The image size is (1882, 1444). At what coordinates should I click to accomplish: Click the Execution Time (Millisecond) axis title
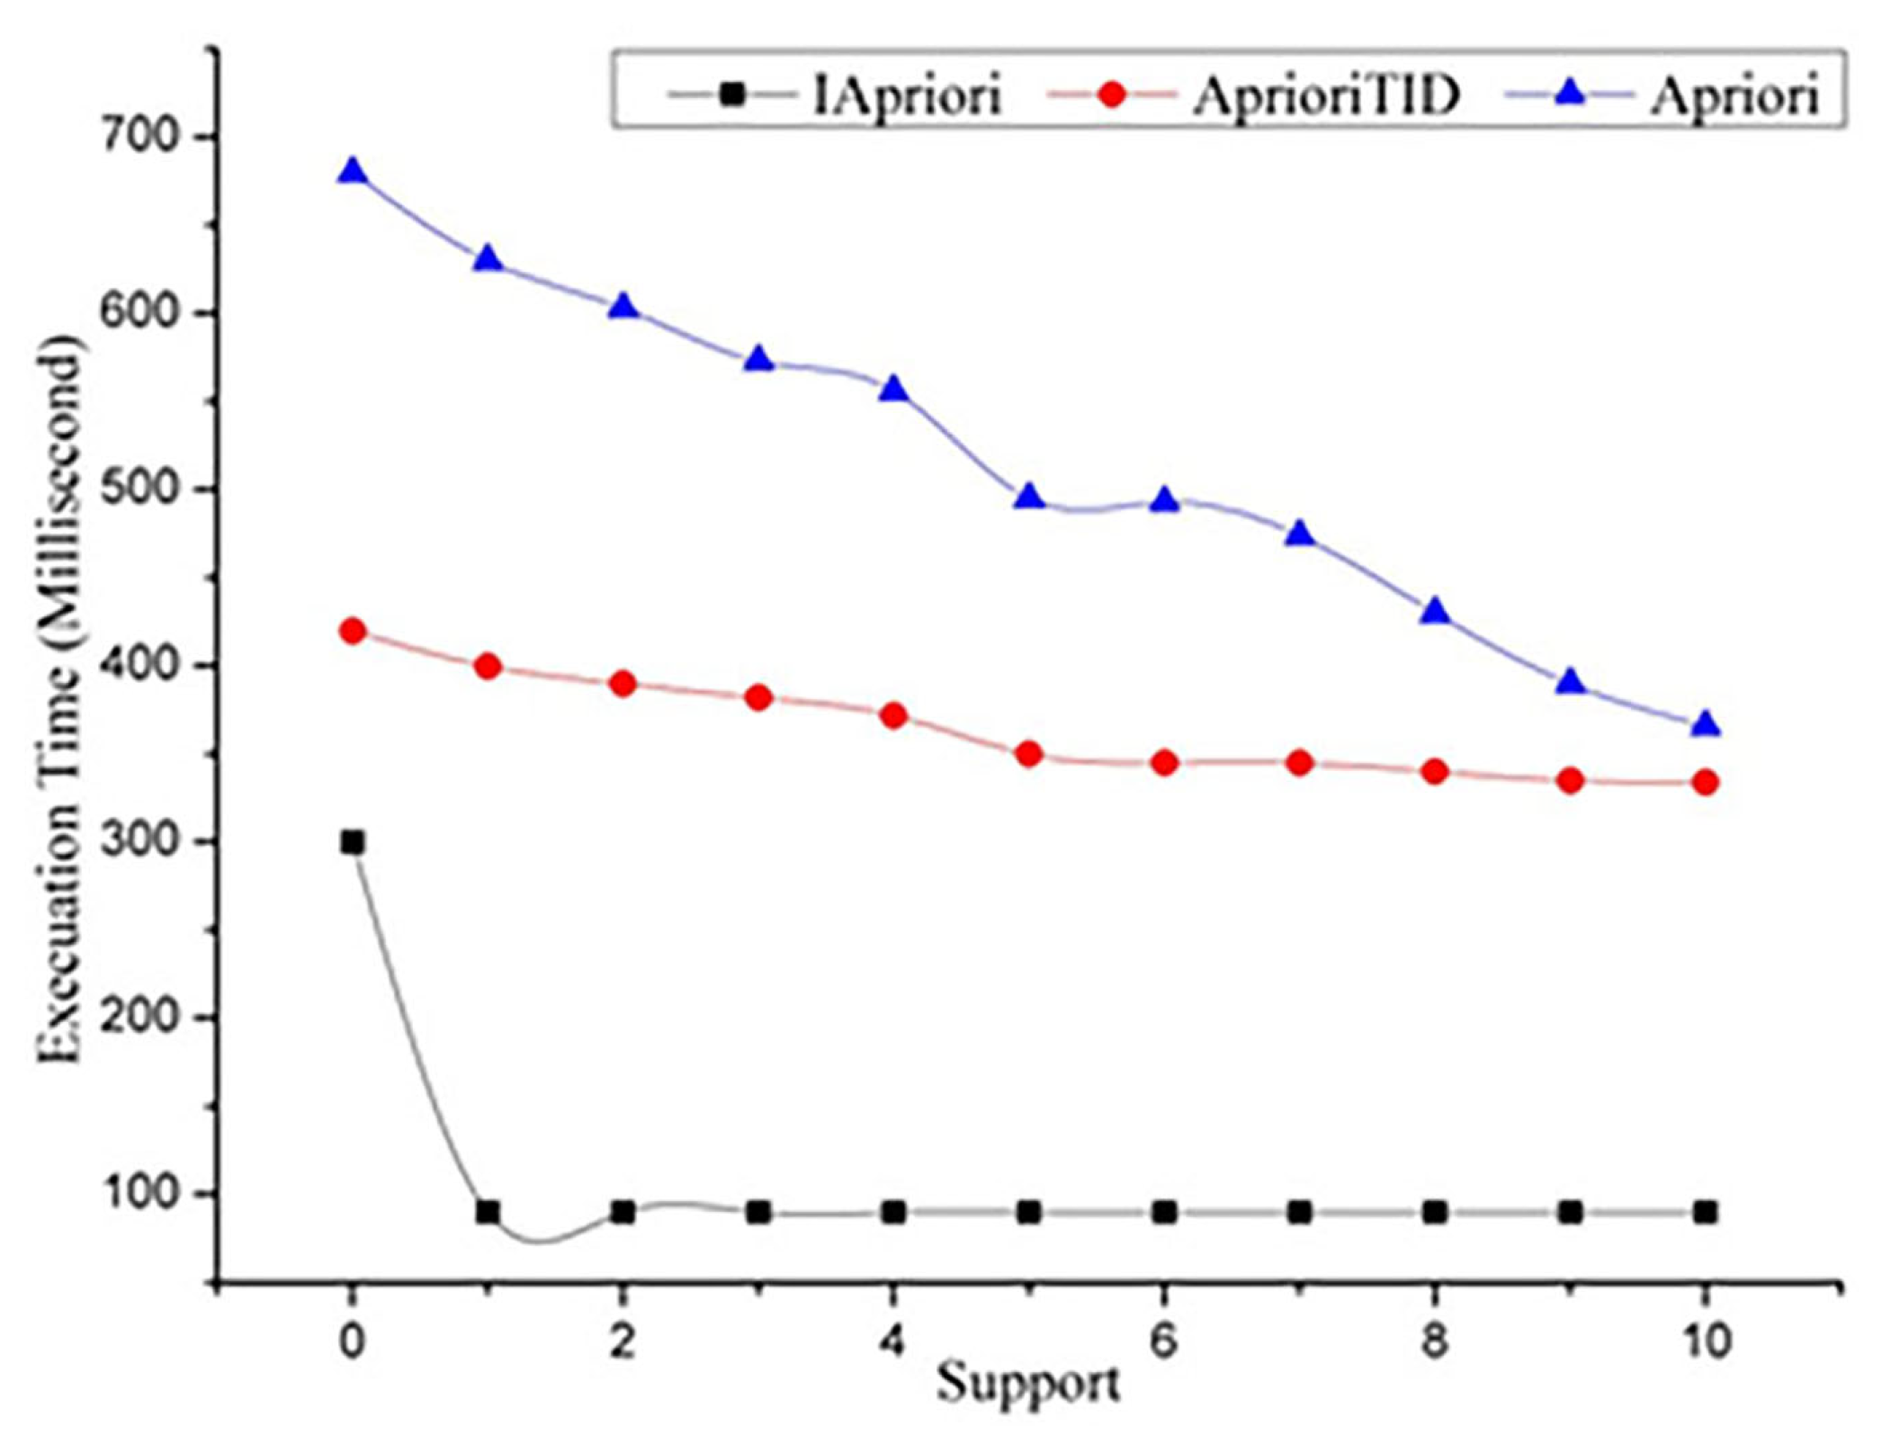[x=61, y=702]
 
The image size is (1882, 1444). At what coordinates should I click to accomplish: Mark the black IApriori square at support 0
[x=353, y=843]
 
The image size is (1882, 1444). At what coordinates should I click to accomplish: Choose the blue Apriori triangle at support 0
[x=353, y=171]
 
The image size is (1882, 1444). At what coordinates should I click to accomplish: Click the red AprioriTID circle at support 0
[x=353, y=631]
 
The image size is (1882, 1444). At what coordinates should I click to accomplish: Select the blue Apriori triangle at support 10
[x=1706, y=724]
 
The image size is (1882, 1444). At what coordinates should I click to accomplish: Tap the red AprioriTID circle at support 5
[x=1029, y=754]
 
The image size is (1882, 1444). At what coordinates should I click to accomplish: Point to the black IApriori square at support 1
[x=488, y=1212]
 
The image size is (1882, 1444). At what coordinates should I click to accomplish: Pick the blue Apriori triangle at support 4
[x=893, y=390]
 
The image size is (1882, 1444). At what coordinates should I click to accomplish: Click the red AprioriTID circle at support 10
[x=1706, y=782]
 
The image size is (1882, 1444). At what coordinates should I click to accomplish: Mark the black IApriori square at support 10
[x=1706, y=1212]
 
